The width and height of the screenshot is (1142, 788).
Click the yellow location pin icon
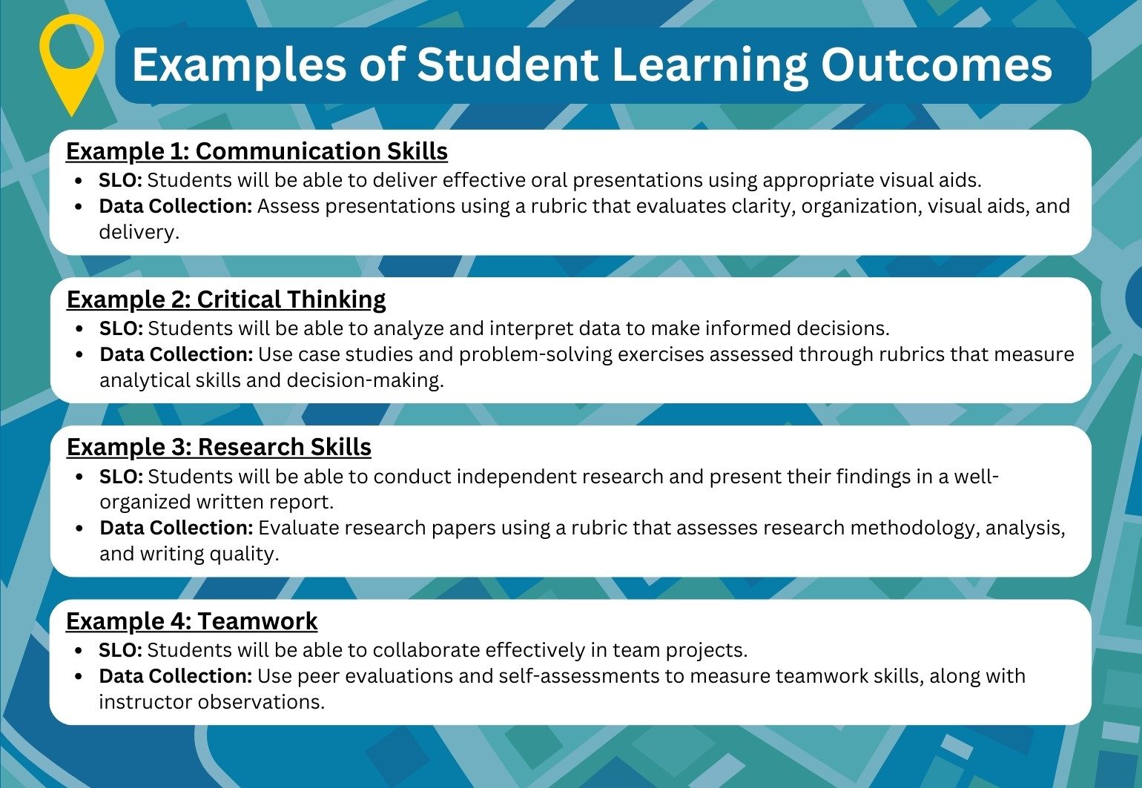tap(71, 56)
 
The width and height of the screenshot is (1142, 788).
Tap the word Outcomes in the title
tap(936, 64)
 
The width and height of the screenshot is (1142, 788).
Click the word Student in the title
tap(507, 64)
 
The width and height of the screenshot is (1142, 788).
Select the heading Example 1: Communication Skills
tap(257, 151)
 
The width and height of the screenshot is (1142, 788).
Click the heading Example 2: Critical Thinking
tap(226, 299)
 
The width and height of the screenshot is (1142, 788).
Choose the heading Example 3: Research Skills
tap(219, 447)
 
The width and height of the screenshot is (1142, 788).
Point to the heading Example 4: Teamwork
tap(191, 621)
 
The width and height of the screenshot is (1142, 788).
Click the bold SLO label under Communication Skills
tap(120, 180)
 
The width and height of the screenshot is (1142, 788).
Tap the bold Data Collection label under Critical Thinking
tap(176, 354)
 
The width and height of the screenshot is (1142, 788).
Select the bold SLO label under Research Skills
tap(121, 476)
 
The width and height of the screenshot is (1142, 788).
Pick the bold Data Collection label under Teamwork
tap(175, 676)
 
